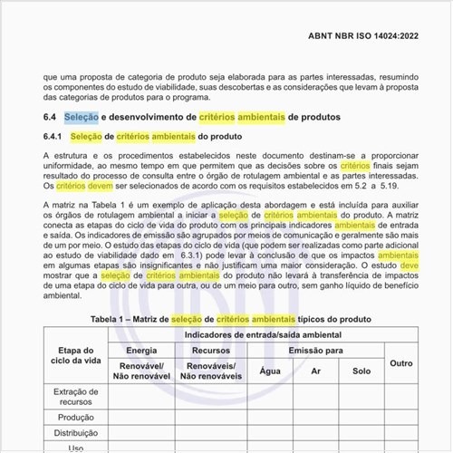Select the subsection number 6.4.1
(x=53, y=137)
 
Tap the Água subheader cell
(x=270, y=371)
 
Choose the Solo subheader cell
(x=361, y=371)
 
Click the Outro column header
(x=400, y=362)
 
